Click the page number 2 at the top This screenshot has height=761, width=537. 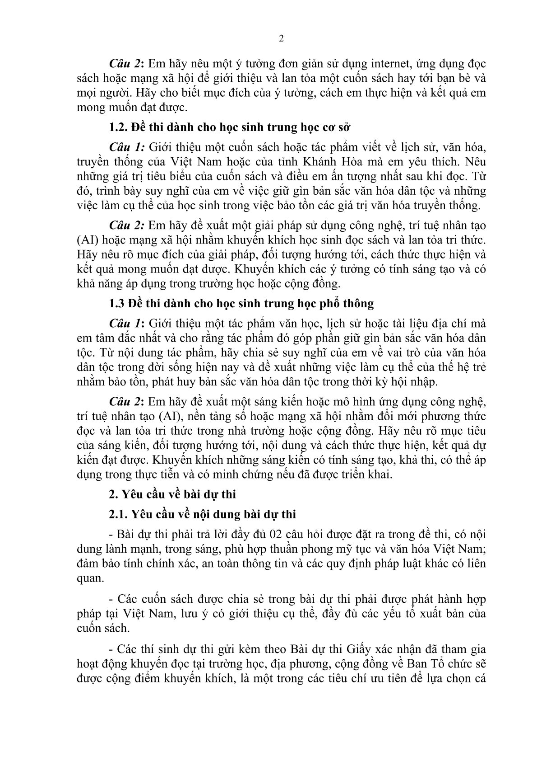[x=282, y=38]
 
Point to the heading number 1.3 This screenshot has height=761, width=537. [x=117, y=304]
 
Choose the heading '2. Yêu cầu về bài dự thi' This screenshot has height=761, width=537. [x=172, y=494]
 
